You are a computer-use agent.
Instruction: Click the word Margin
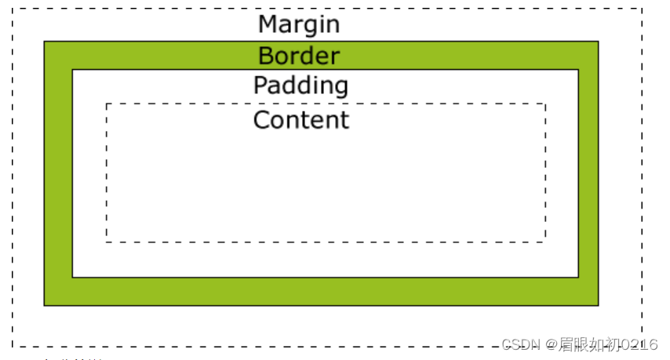(x=299, y=24)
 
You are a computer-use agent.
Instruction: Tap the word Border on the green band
(x=299, y=56)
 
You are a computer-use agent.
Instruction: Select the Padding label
(x=300, y=85)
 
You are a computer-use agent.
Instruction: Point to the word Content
(x=300, y=120)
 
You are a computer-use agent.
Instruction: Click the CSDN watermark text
(x=519, y=344)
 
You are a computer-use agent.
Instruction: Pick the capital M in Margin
(x=268, y=24)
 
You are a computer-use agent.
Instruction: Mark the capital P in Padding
(x=260, y=85)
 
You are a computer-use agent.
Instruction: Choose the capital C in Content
(x=261, y=120)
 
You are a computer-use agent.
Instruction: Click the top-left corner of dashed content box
(x=107, y=104)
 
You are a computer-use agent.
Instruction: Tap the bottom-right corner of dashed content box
(x=545, y=242)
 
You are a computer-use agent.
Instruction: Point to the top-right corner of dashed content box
(x=545, y=104)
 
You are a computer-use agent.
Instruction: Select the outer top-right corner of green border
(x=598, y=42)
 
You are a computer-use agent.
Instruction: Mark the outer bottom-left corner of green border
(x=45, y=304)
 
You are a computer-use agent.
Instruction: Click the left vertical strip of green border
(x=58, y=173)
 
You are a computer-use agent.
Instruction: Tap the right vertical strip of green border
(x=588, y=173)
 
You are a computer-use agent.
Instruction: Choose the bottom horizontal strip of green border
(x=322, y=291)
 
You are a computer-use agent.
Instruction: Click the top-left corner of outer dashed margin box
(x=13, y=9)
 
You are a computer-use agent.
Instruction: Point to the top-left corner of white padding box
(x=72, y=70)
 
